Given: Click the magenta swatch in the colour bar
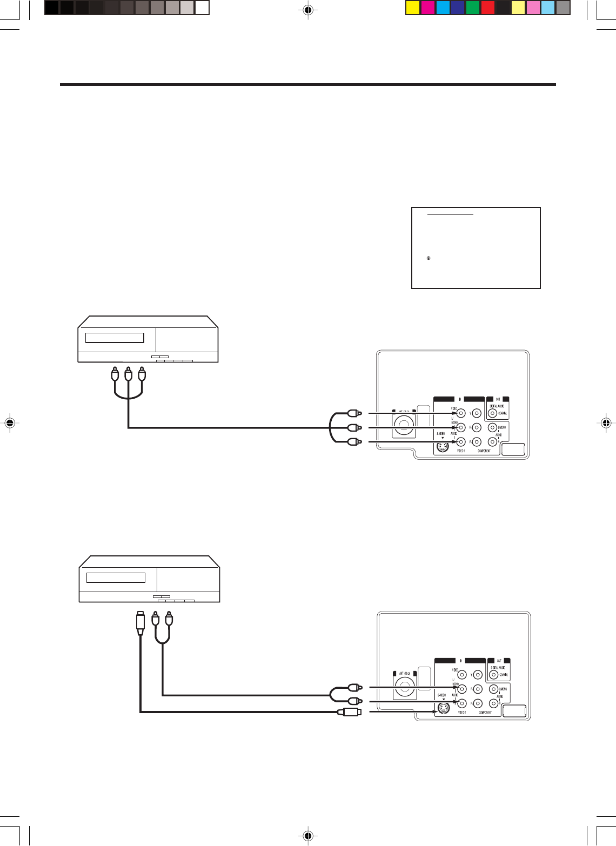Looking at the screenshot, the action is [427, 8].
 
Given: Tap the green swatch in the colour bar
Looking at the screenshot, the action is [473, 8].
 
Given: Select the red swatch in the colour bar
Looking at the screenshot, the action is [488, 8].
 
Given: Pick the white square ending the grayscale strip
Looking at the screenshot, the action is [202, 8].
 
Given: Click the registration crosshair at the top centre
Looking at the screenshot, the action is [308, 10].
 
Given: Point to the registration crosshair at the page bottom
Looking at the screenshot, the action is [308, 836].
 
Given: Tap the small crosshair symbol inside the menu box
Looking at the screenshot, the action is [428, 258].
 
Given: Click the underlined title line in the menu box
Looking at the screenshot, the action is [450, 214].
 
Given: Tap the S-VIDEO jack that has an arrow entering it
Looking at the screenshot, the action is [443, 709].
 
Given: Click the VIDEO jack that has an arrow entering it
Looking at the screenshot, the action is [461, 413].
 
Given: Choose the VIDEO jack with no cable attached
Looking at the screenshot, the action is [462, 674].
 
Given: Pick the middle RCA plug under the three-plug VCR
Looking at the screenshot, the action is [128, 374].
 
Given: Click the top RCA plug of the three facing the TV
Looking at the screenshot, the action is [354, 413].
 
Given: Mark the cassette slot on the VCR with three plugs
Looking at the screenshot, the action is [115, 338].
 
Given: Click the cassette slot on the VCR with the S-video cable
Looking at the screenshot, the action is [116, 578].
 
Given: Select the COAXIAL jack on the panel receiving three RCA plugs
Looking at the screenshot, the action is [492, 414].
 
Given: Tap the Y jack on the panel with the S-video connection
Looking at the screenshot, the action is [477, 674].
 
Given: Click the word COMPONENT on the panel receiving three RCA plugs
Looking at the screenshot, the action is [484, 451].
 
